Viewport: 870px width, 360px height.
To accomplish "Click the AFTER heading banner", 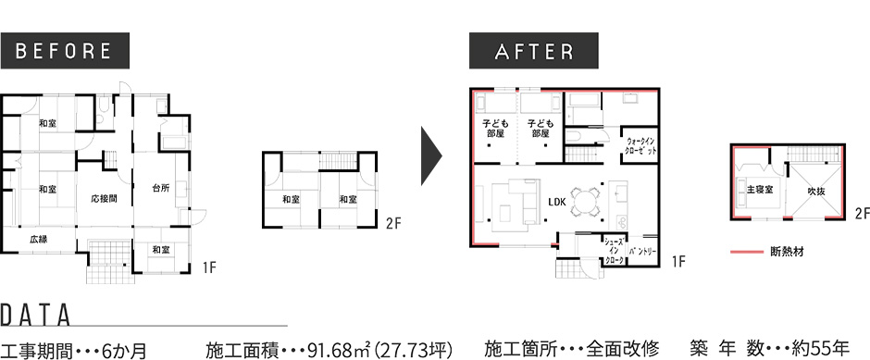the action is point(535,51).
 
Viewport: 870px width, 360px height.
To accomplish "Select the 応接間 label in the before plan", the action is point(104,199).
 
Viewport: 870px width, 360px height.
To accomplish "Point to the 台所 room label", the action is point(161,189).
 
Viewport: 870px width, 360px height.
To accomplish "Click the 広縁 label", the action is point(38,239).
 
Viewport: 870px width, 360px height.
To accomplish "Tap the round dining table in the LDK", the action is point(585,199).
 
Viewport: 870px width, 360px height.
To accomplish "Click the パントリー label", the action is point(642,251).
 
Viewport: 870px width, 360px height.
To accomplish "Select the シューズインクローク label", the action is point(614,251).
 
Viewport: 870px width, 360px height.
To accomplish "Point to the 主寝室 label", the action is point(759,191).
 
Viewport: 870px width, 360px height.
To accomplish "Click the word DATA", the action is point(36,315).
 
